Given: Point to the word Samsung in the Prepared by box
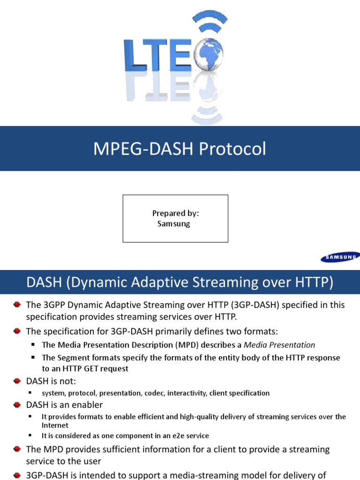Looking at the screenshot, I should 174,224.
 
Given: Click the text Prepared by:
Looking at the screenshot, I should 176,213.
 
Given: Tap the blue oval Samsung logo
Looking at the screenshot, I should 340,256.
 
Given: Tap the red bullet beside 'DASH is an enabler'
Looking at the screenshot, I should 17,405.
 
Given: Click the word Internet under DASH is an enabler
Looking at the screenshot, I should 55,425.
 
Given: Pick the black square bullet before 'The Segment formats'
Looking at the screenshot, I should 34,358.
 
